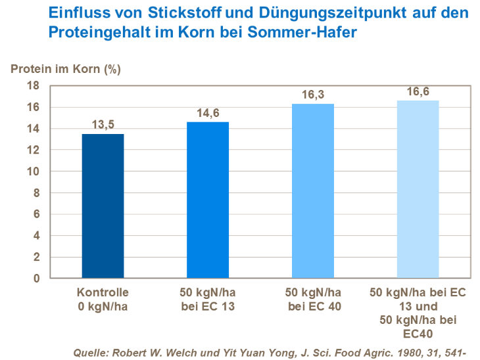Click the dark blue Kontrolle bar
103,206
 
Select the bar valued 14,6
208,200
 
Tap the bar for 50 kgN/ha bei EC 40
313,191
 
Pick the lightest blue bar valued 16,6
418,189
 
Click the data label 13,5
103,124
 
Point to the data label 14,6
208,112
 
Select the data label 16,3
313,94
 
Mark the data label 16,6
418,91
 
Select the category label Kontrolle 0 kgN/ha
103,298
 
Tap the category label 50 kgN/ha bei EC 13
208,298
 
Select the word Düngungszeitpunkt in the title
341,14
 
